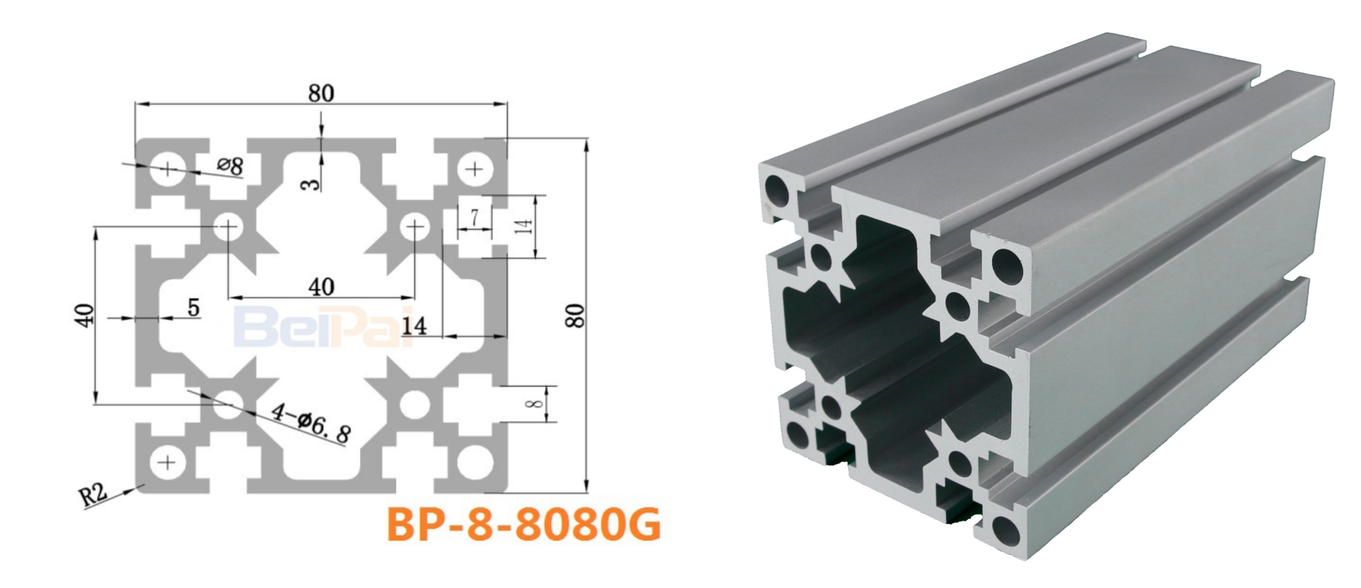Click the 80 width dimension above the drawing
tap(321, 93)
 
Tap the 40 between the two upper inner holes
tap(321, 287)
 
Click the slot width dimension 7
tap(474, 217)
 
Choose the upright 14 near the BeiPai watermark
tap(414, 327)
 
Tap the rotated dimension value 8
tap(535, 404)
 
